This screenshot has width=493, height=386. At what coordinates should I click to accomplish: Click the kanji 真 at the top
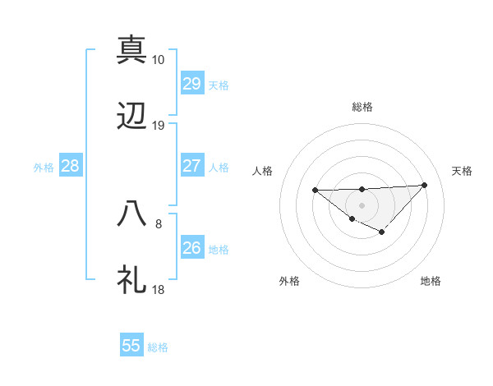pos(132,48)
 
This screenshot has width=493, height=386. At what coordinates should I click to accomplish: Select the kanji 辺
pos(132,117)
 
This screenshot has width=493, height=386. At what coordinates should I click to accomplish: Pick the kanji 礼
pos(132,279)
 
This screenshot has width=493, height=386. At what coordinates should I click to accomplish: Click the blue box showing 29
pos(191,84)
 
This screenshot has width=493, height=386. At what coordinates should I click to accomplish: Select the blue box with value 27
pos(191,166)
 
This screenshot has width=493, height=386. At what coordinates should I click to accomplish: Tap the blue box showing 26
pos(191,248)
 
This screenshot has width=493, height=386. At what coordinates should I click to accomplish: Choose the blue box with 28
pos(71,166)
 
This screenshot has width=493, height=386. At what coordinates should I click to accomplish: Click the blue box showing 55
pos(131,346)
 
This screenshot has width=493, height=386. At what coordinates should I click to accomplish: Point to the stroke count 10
pos(159,60)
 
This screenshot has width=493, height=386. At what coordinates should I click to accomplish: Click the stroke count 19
pos(159,126)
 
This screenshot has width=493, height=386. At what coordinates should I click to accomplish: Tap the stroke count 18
pos(159,290)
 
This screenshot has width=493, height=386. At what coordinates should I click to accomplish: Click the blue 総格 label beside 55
pos(158,347)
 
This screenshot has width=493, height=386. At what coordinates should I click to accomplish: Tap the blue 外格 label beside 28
pos(44,168)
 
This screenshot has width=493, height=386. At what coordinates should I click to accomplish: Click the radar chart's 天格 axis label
pos(462,171)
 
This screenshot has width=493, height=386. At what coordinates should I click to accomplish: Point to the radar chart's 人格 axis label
pos(263,171)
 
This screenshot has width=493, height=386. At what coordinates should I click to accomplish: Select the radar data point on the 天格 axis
pos(424,185)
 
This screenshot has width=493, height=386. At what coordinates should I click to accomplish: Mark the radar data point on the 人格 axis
pos(316,190)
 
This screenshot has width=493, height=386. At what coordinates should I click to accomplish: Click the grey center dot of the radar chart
pos(362,204)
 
